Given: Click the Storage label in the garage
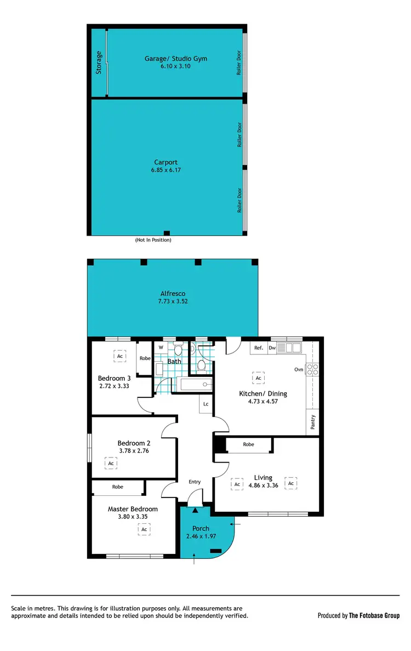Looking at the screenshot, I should click(x=99, y=62).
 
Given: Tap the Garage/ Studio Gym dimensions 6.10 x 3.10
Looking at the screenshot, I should click(x=176, y=66).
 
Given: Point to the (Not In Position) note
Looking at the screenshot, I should click(x=153, y=240).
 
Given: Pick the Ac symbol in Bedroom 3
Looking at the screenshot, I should click(x=120, y=356).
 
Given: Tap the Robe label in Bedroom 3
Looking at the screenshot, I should click(x=145, y=358).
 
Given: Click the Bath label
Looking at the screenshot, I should click(x=174, y=362).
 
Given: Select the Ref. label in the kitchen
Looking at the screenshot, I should click(x=259, y=347).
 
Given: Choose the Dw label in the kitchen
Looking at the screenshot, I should click(x=272, y=347).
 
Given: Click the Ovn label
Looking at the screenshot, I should click(x=299, y=369).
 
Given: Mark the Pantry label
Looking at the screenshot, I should click(x=313, y=422).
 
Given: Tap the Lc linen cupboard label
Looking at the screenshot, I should click(x=206, y=404).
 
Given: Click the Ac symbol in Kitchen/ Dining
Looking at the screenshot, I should click(x=258, y=378).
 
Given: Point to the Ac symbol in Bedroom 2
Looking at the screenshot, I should click(x=111, y=464).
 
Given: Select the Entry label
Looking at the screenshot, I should click(x=195, y=482).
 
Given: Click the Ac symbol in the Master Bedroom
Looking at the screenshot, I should click(x=144, y=529).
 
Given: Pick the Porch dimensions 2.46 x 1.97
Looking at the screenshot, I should click(x=201, y=537).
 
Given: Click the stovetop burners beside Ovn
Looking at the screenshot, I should click(x=312, y=369).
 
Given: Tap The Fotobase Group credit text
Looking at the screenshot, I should click(x=375, y=615).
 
